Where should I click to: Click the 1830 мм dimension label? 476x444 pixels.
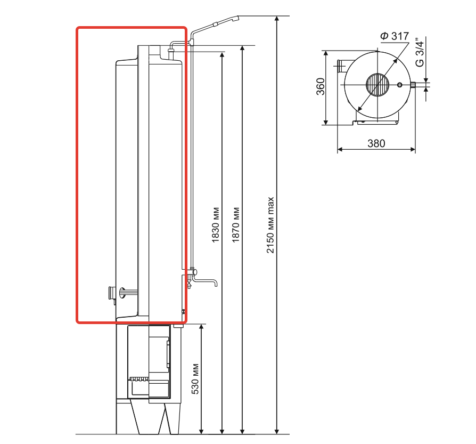(x=215, y=225)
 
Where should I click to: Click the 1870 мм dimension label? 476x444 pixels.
(x=236, y=225)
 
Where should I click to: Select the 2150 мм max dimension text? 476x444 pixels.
(x=270, y=225)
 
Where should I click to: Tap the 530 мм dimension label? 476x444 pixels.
(x=195, y=378)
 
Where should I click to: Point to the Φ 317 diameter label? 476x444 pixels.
(x=395, y=36)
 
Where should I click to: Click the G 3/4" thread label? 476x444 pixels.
(x=419, y=52)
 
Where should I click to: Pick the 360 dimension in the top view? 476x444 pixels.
(x=321, y=86)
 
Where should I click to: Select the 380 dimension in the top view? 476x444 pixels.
(x=376, y=143)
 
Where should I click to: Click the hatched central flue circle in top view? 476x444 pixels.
(x=377, y=85)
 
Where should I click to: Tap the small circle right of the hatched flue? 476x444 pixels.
(x=400, y=85)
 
